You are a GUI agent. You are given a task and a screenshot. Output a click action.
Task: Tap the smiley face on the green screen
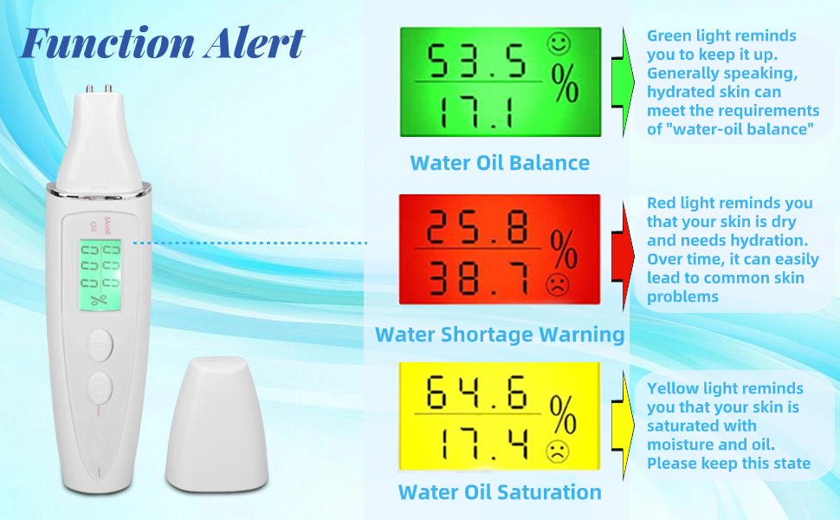(x=559, y=42)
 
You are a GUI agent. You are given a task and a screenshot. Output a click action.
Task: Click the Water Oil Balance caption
(x=500, y=163)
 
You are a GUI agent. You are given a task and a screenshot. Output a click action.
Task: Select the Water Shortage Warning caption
(x=500, y=335)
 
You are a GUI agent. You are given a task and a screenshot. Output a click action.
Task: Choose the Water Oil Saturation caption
(x=500, y=492)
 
